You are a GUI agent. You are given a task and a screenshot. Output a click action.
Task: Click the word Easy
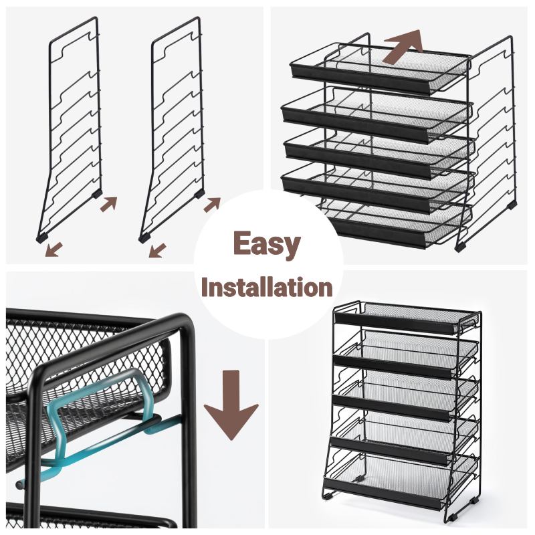click(x=267, y=245)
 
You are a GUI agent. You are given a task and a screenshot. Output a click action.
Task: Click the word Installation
click(x=267, y=288)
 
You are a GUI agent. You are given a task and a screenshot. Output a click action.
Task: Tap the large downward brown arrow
click(x=231, y=405)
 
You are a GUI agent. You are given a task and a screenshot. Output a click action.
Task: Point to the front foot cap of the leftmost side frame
click(x=42, y=238)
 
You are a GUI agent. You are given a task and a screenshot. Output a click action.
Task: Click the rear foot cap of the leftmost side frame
click(x=97, y=194)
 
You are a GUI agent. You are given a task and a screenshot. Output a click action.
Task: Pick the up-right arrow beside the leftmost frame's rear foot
click(x=108, y=204)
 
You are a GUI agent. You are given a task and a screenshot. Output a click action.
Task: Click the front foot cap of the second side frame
click(x=144, y=238)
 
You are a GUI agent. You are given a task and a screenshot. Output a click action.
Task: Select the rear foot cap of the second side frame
click(x=199, y=194)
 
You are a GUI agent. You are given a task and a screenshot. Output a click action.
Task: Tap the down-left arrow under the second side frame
click(x=157, y=250)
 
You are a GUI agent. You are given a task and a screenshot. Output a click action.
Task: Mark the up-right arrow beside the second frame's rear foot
click(x=212, y=205)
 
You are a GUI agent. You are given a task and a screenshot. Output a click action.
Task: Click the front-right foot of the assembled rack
click(x=452, y=518)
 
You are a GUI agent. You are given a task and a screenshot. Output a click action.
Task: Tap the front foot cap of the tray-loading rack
click(x=461, y=246)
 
